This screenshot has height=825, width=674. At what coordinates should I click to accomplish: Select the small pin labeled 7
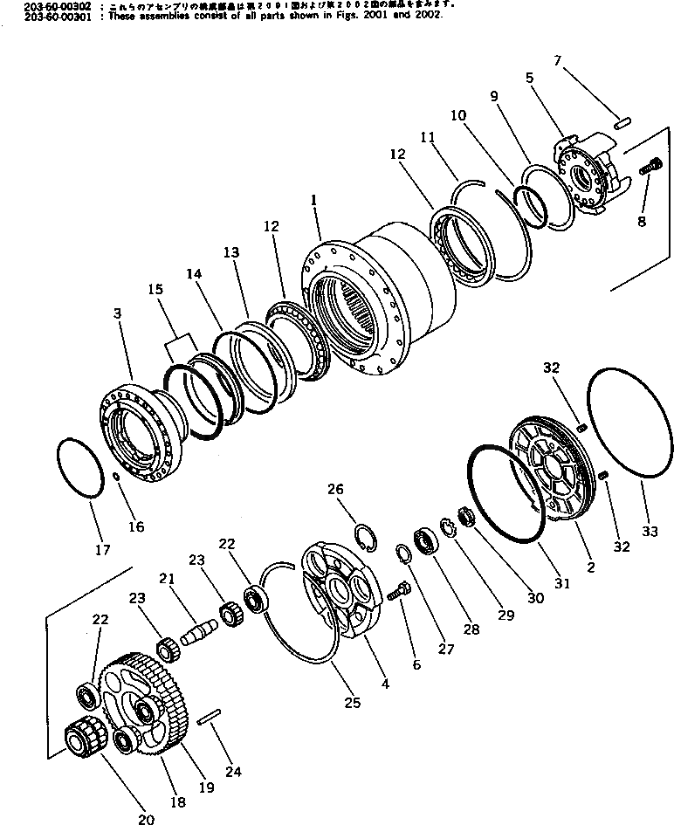[x=622, y=123]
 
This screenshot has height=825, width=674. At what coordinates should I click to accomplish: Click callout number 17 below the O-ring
[x=103, y=550]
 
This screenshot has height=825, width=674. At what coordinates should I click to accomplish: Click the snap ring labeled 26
[x=369, y=533]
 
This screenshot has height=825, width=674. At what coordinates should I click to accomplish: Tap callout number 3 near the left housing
[x=117, y=313]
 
